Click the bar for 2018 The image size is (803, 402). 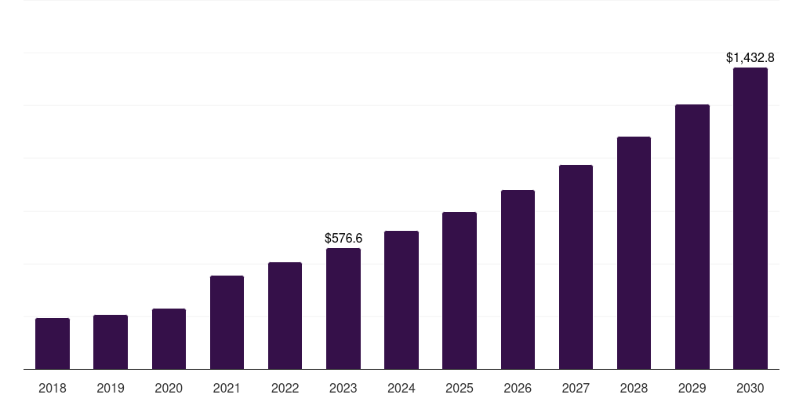click(53, 344)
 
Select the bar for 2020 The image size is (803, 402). click(169, 339)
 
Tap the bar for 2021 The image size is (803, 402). click(227, 323)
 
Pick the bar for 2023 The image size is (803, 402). click(343, 309)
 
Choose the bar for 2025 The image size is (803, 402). click(460, 291)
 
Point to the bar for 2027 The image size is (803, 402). click(576, 267)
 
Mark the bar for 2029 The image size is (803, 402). click(692, 237)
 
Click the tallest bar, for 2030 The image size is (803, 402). click(750, 218)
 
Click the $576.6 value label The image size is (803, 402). click(343, 238)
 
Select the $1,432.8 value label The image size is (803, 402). click(750, 57)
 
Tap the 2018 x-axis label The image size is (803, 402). click(53, 389)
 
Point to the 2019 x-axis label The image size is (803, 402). click(111, 389)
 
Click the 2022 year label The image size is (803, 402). click(285, 389)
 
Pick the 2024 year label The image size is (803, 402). click(401, 389)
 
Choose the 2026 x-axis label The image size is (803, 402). click(518, 389)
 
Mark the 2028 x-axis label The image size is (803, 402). click(634, 389)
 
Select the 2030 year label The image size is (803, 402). click(750, 389)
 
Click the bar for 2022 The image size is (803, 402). click(285, 316)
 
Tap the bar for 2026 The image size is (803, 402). click(518, 280)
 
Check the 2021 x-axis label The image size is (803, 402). click(227, 389)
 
